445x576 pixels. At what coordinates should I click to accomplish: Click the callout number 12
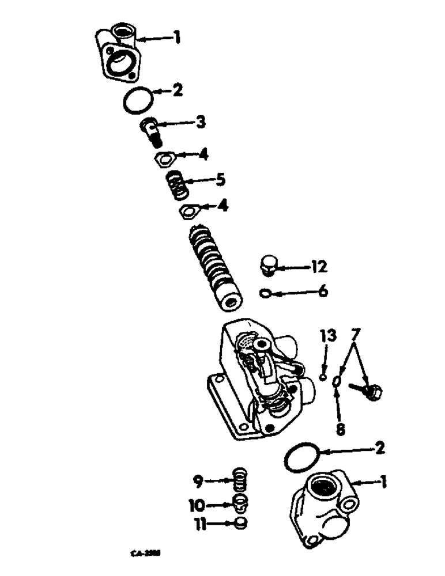(318, 267)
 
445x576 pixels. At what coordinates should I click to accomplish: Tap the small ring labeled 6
(266, 294)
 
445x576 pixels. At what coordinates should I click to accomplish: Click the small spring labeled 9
(239, 478)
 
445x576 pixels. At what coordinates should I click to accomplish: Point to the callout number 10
(197, 505)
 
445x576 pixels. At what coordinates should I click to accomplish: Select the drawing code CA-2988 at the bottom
(145, 552)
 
